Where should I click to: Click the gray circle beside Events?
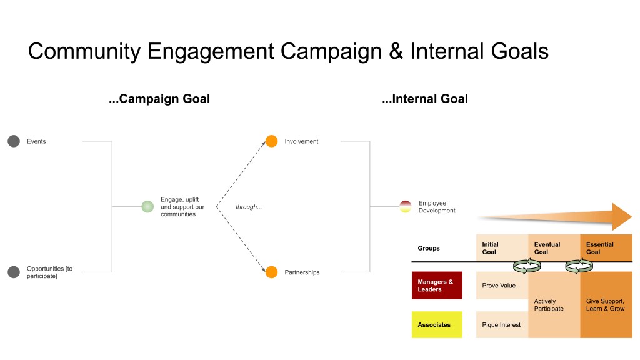click(14, 141)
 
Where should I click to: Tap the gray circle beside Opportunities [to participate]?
click(14, 272)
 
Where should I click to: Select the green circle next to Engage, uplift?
click(147, 206)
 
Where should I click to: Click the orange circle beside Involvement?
click(271, 141)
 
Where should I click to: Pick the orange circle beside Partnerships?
click(271, 272)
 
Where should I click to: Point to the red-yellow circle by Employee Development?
click(405, 206)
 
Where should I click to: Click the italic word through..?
click(248, 207)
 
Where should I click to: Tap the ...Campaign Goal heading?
click(159, 99)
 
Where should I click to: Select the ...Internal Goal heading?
click(425, 99)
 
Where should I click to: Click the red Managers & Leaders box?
click(437, 286)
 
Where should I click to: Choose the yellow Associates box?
click(437, 325)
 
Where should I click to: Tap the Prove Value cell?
click(499, 286)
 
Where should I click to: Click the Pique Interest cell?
click(501, 325)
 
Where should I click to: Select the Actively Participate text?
click(549, 305)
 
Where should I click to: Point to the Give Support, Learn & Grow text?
click(605, 305)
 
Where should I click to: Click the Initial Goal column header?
click(491, 248)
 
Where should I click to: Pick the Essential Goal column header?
click(600, 248)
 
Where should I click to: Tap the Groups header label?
click(429, 248)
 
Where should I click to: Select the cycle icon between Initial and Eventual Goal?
click(526, 266)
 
